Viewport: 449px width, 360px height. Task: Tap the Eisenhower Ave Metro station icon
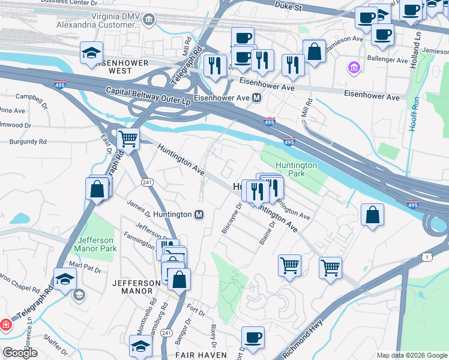(x=257, y=98)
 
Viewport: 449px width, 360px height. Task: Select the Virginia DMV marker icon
(x=149, y=22)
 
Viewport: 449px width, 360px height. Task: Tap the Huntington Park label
(x=295, y=169)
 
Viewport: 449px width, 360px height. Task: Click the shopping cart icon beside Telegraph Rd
(x=128, y=140)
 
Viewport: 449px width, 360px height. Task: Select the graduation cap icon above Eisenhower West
(x=91, y=53)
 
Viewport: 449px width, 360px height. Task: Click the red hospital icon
(x=6, y=325)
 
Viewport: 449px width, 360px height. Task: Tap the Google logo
(x=20, y=353)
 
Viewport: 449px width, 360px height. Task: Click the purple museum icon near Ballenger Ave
(x=354, y=67)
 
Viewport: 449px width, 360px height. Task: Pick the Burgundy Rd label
(x=28, y=142)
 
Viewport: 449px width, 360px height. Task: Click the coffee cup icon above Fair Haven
(x=253, y=337)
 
